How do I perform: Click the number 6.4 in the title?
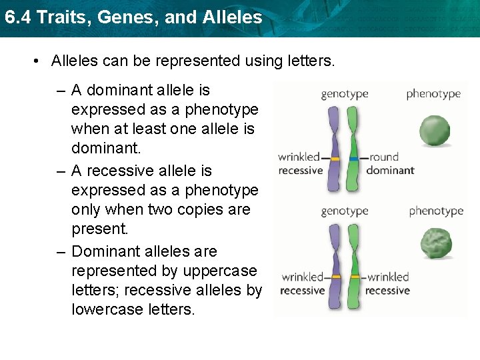point(17,17)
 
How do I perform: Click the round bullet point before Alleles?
point(37,61)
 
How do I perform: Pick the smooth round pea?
point(435,130)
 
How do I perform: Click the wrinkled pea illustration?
point(436,244)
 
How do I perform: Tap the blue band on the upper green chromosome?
point(353,159)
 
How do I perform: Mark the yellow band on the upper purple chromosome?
point(335,159)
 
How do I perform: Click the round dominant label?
point(390,164)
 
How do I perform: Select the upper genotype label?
point(344,94)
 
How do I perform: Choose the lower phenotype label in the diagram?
point(435,211)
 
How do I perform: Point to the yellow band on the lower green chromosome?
point(353,276)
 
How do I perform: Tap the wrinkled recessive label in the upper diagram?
point(301,164)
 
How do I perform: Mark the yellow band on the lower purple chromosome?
point(335,276)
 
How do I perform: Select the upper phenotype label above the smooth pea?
point(433,94)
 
